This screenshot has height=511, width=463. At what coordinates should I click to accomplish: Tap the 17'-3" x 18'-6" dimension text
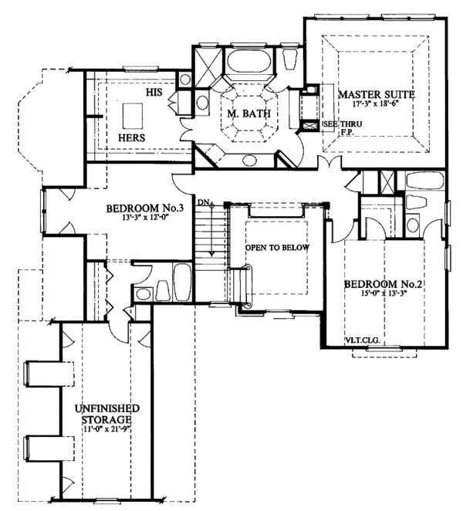click(377, 103)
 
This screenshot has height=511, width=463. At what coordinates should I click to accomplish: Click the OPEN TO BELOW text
click(277, 248)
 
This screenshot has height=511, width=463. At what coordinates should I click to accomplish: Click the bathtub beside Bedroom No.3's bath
click(182, 285)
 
